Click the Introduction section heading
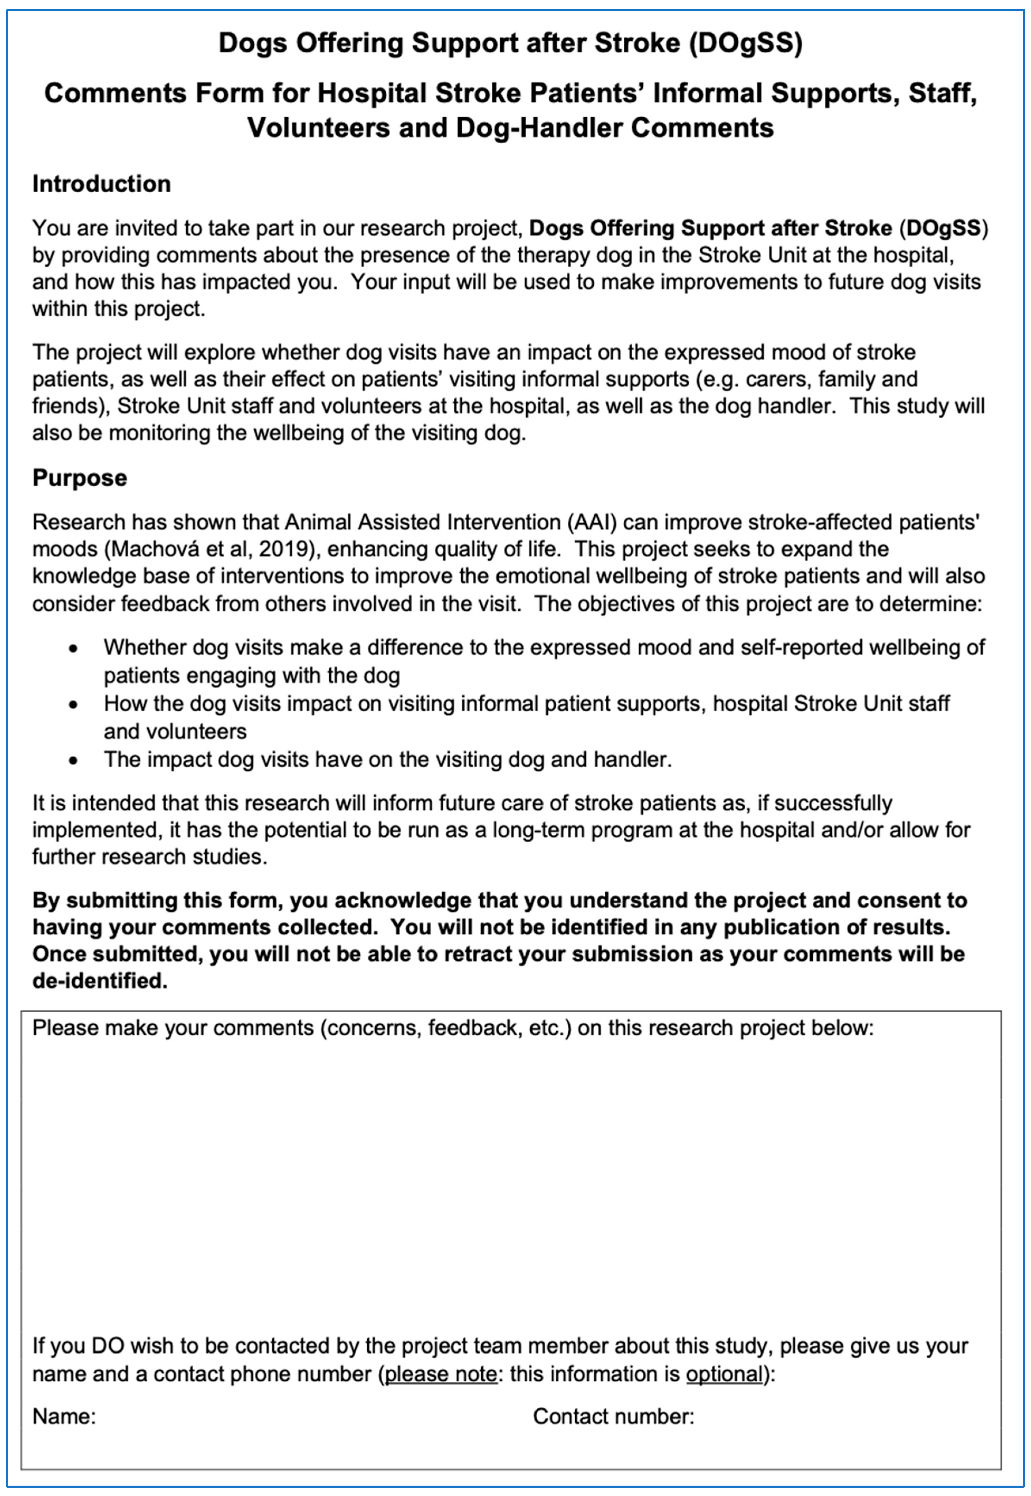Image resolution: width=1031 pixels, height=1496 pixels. (x=101, y=184)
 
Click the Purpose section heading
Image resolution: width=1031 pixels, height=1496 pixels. (x=80, y=478)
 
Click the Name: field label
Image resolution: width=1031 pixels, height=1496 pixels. (x=64, y=1417)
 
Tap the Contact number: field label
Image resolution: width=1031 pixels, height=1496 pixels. (x=613, y=1417)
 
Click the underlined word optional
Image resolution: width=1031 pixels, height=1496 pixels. (x=724, y=1374)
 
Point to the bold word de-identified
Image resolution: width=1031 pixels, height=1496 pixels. (x=99, y=981)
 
